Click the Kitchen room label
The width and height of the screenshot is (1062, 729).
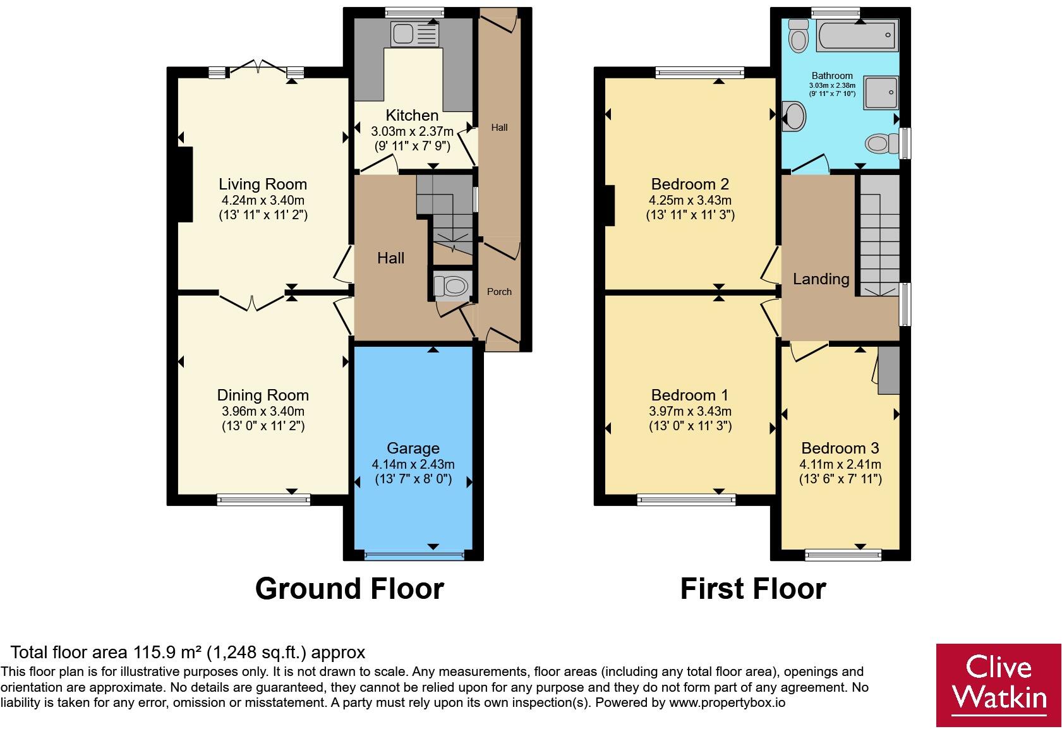coord(412,116)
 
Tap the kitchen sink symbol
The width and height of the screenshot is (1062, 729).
coord(414,34)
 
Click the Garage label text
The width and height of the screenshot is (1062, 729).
coord(413,449)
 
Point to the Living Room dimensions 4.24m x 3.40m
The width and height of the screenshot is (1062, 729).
coord(263,200)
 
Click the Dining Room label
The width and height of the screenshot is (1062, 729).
coord(263,395)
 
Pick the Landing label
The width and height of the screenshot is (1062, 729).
coord(821,279)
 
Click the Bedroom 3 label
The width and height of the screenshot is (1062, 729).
coord(840,449)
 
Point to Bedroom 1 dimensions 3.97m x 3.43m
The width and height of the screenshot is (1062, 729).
coord(690,411)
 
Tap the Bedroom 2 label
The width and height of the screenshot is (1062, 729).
coord(690,184)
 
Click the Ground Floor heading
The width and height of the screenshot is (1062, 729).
coord(349,589)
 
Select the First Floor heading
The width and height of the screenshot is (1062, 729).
coord(752,589)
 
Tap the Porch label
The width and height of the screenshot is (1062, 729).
coord(499,292)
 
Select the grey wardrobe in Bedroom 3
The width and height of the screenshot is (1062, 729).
coord(888,370)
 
